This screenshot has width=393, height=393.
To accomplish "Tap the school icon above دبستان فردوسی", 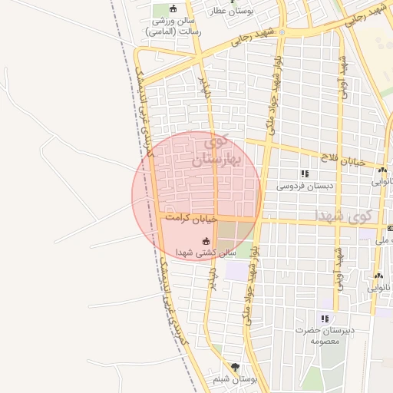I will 305,173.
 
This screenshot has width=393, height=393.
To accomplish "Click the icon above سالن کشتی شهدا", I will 203,240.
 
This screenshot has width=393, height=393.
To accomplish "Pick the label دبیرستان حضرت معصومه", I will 326,335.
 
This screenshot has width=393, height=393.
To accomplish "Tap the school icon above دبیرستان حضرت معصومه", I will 325,319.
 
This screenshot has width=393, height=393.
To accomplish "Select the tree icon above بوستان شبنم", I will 235,368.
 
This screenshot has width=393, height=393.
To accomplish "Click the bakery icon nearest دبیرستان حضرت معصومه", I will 378,276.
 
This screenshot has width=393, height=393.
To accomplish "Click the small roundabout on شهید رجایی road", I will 282,32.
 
